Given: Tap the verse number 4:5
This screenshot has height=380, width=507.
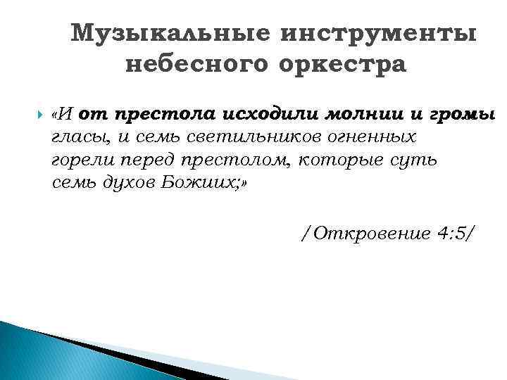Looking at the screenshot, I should tap(451, 233).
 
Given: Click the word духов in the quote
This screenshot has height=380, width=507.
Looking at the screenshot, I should tap(127, 182).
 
